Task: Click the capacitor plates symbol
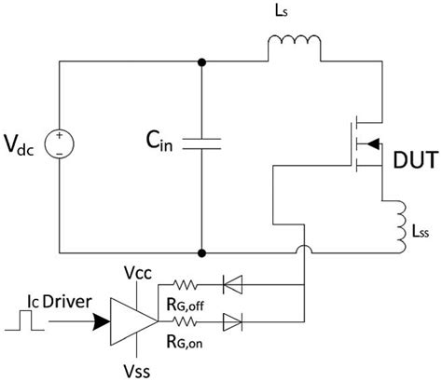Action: coord(201,143)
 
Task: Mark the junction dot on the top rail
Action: coord(201,62)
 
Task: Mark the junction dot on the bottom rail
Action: coord(201,252)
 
